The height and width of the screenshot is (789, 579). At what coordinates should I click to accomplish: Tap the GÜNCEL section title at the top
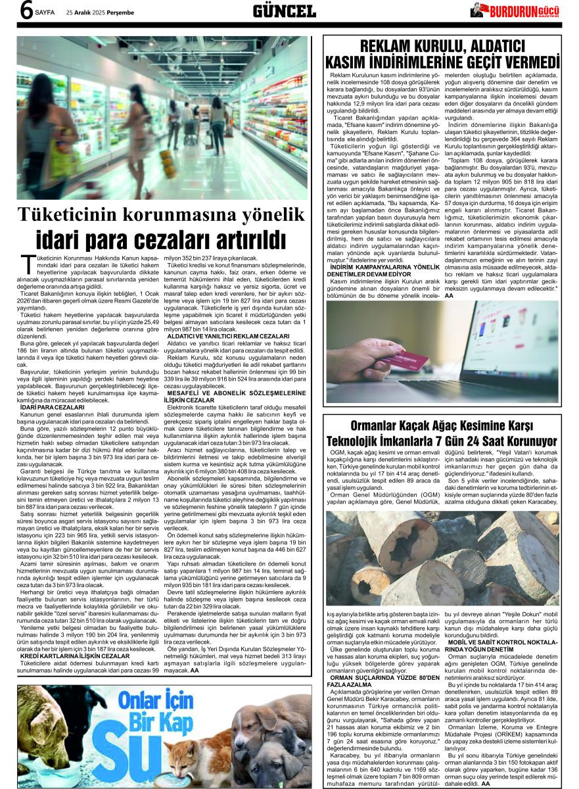pyautogui.click(x=284, y=11)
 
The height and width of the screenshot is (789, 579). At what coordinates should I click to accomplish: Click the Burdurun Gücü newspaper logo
pyautogui.click(x=519, y=11)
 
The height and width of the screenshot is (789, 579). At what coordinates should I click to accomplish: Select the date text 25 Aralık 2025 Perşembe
pyautogui.click(x=100, y=12)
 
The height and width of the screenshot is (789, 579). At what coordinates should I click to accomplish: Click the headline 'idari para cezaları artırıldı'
pyautogui.click(x=162, y=238)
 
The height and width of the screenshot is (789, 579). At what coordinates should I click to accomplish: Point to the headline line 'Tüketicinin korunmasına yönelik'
pyautogui.click(x=162, y=214)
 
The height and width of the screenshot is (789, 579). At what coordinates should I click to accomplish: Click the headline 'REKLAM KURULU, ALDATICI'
pyautogui.click(x=442, y=46)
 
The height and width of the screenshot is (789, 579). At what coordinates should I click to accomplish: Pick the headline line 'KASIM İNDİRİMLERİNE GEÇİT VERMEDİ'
pyautogui.click(x=442, y=62)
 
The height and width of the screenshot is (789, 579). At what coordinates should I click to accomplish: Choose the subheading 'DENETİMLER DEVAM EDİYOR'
pyautogui.click(x=372, y=274)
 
